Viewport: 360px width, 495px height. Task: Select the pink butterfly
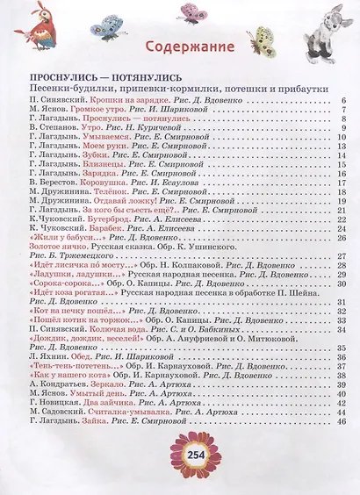[191, 11]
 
